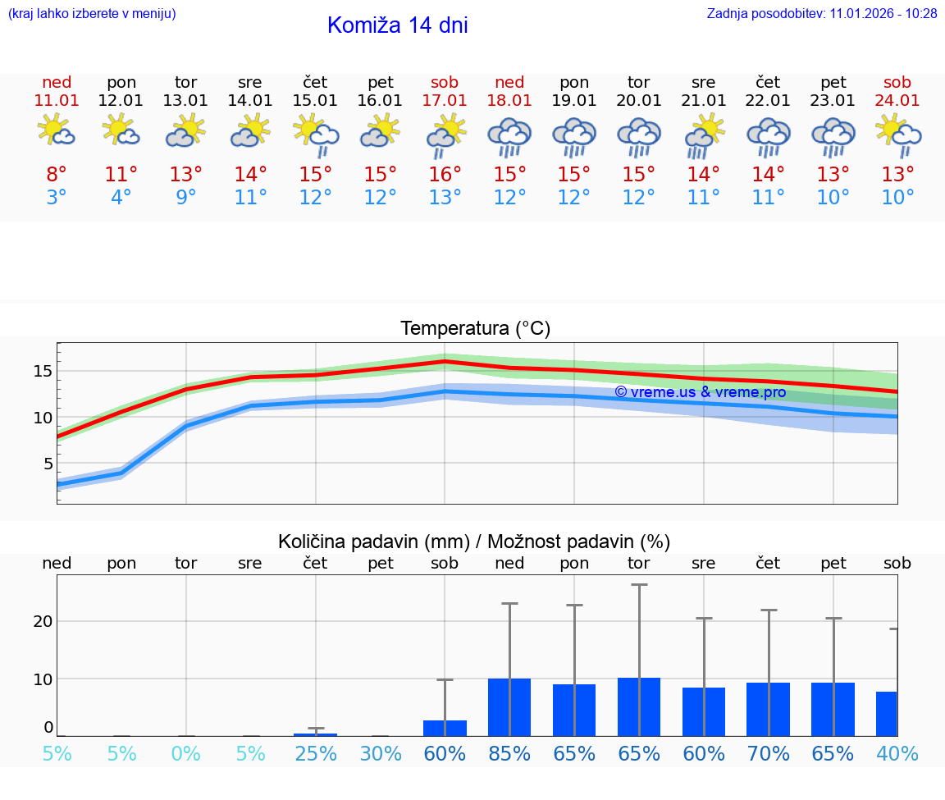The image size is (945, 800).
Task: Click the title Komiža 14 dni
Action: click(x=397, y=25)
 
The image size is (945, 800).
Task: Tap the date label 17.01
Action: click(x=445, y=100)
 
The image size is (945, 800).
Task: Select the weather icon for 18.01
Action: click(x=509, y=136)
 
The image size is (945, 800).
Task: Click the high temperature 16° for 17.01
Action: click(x=445, y=175)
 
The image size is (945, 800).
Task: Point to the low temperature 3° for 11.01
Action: click(x=57, y=198)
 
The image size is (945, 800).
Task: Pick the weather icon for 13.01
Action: click(x=186, y=131)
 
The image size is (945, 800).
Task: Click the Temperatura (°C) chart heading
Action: click(x=475, y=329)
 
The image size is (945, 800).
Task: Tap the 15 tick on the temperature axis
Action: click(x=43, y=371)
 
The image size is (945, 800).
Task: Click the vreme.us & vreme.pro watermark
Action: click(x=700, y=392)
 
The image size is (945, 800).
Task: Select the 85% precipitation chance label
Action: click(x=509, y=753)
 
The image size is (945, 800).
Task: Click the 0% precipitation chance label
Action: click(x=186, y=753)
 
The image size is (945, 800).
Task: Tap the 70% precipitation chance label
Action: click(x=768, y=753)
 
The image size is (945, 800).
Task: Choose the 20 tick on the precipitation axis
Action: click(x=43, y=621)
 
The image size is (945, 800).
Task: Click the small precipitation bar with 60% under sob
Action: click(x=445, y=728)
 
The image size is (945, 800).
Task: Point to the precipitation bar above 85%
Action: click(x=509, y=707)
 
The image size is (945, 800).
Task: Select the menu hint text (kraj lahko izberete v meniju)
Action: click(x=92, y=14)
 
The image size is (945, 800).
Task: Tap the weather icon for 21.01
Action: click(x=703, y=136)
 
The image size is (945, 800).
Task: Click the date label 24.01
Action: click(x=897, y=100)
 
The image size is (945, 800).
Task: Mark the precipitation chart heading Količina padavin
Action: click(x=373, y=542)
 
